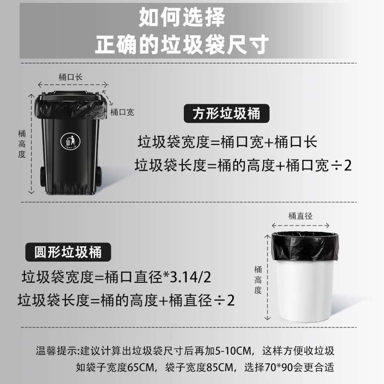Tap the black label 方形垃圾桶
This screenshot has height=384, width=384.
click(x=227, y=114)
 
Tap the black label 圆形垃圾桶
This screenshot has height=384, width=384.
click(x=68, y=251)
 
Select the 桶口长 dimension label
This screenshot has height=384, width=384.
click(x=71, y=76)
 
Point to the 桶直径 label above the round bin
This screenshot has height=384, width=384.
click(x=300, y=216)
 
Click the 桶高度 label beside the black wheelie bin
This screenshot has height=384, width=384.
click(x=21, y=144)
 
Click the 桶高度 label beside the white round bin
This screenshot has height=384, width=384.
click(x=258, y=279)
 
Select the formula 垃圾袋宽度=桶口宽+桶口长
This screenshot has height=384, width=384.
click(x=228, y=142)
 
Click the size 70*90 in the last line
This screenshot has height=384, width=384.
click(x=274, y=368)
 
